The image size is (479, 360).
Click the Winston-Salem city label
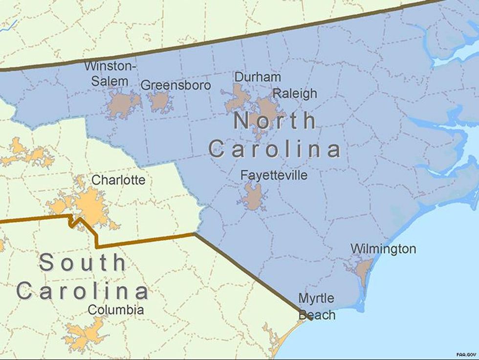pyautogui.click(x=110, y=73)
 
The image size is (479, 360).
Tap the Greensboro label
pyautogui.click(x=175, y=85)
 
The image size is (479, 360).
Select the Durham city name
pyautogui.click(x=258, y=77)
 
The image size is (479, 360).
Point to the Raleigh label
pyautogui.click(x=295, y=93)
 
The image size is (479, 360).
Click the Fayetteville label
pyautogui.click(x=274, y=175)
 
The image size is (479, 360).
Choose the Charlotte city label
pyautogui.click(x=118, y=180)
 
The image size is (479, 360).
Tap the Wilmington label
pyautogui.click(x=383, y=249)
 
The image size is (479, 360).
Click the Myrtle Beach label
pyautogui.click(x=317, y=306)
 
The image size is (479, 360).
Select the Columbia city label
pyautogui.click(x=116, y=310)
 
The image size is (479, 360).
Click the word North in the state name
pyautogui.click(x=275, y=121)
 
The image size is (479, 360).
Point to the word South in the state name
pyautogui.click(x=83, y=263)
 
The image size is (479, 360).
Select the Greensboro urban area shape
pyautogui.click(x=159, y=101)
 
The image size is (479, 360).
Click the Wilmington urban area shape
pyautogui.click(x=364, y=270)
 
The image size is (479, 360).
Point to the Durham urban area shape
pyautogui.click(x=238, y=98)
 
